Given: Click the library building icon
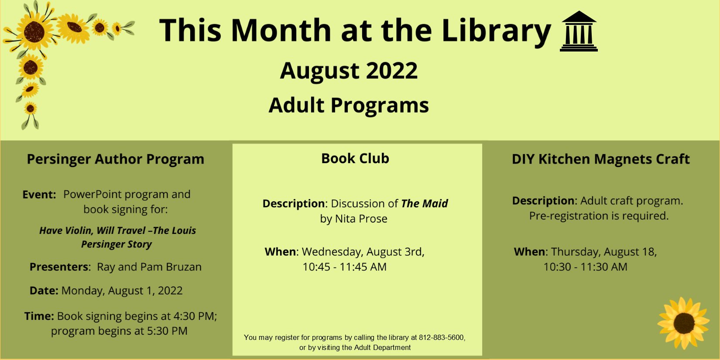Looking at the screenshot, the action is coord(579,31).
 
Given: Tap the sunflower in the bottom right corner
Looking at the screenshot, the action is coord(683,323).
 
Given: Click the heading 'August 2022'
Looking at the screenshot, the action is coord(349,71).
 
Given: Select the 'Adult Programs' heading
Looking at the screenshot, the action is coord(349,105).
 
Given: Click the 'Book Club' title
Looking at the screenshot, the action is coord(355,158).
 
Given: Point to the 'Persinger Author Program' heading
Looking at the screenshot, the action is coord(115,159).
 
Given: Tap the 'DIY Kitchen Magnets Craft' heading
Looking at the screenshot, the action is coord(601,159).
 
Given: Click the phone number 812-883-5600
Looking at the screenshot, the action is coord(441,337).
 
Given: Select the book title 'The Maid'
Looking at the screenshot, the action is coord(425,203).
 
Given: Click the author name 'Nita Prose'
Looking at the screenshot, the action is coord(361,219).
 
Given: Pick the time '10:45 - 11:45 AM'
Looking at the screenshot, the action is coord(345,267).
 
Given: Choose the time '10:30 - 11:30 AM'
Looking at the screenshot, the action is coord(585,267).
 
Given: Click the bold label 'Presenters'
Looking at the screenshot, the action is coord(59,267).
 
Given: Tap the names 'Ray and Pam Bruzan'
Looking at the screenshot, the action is coord(149,267).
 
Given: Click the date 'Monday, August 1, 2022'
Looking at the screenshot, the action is coord(122,291).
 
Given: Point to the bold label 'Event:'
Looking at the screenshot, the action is coord(39,195).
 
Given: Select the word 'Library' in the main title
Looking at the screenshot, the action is coord(497,31).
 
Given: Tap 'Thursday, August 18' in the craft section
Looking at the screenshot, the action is coord(603,252).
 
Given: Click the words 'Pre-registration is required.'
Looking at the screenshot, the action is coord(599,216).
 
